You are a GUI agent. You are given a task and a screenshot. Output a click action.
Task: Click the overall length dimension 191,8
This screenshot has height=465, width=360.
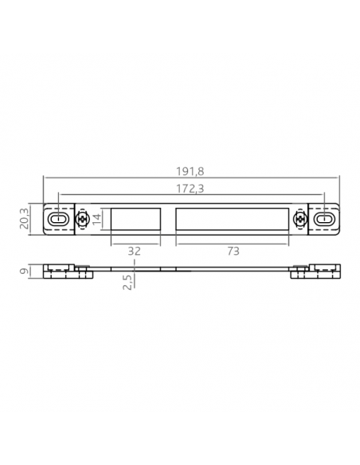(191, 171)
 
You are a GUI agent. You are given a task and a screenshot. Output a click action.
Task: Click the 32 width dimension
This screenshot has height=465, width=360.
(135, 250)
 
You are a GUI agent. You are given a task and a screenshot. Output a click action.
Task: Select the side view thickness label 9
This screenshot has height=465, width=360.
(25, 272)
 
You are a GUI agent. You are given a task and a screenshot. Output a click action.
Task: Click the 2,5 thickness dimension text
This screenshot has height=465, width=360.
(127, 284)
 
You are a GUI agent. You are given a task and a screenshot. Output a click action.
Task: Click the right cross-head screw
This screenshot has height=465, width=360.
(300, 219)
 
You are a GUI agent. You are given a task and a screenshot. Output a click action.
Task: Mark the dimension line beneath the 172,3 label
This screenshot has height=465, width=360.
(191, 196)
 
